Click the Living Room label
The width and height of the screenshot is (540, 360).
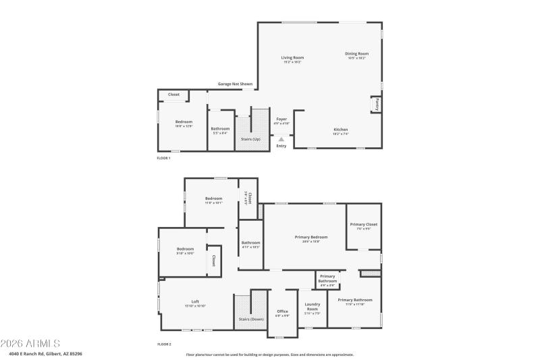point(292,57)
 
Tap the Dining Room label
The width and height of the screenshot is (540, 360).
point(356,53)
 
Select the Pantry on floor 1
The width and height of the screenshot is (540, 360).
point(376,105)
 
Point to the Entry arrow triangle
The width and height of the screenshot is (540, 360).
point(281,140)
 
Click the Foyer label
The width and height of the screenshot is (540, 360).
point(281,119)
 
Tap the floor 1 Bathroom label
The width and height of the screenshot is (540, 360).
point(220,128)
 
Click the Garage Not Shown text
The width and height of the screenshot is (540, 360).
point(235,84)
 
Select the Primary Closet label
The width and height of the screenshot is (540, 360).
point(363,224)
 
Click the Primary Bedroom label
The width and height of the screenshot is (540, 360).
point(311,237)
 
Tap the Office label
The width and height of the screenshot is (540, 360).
point(282,311)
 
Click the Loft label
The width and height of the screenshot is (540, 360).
point(195,301)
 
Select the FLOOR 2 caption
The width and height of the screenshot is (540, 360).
point(164,344)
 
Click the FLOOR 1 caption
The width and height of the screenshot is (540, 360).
point(164,158)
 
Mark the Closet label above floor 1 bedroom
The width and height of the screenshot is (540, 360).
point(173,95)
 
